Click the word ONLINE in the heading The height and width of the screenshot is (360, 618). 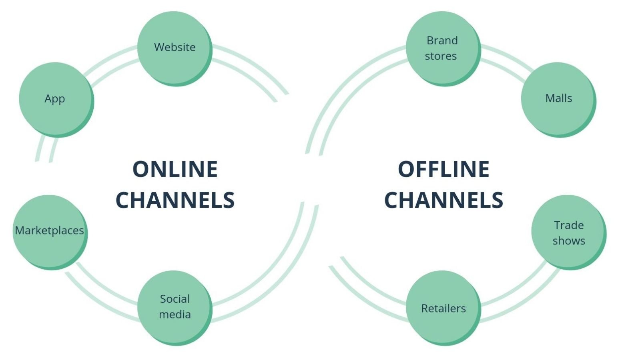(175, 169)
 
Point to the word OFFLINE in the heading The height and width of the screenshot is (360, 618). (443, 169)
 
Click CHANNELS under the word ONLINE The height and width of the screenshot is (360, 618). (175, 200)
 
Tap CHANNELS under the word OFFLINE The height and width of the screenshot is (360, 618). (443, 200)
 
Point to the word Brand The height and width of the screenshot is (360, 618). (442, 40)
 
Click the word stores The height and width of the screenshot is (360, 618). (441, 56)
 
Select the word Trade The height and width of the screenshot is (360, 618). (569, 225)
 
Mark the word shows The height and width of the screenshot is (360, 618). (569, 241)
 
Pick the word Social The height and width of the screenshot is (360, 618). (175, 299)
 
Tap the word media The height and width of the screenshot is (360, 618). (175, 314)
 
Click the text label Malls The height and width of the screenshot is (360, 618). (558, 98)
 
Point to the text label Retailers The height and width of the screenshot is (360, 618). (443, 308)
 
